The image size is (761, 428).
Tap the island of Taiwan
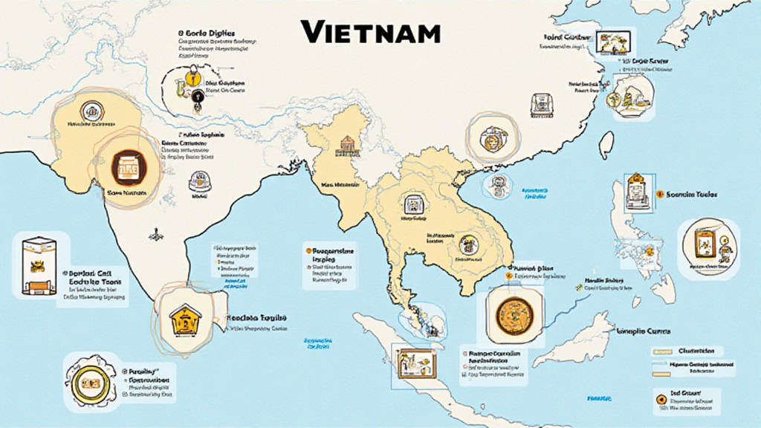606,143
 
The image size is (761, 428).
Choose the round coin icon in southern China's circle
490,137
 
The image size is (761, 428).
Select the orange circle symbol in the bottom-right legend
658,401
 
